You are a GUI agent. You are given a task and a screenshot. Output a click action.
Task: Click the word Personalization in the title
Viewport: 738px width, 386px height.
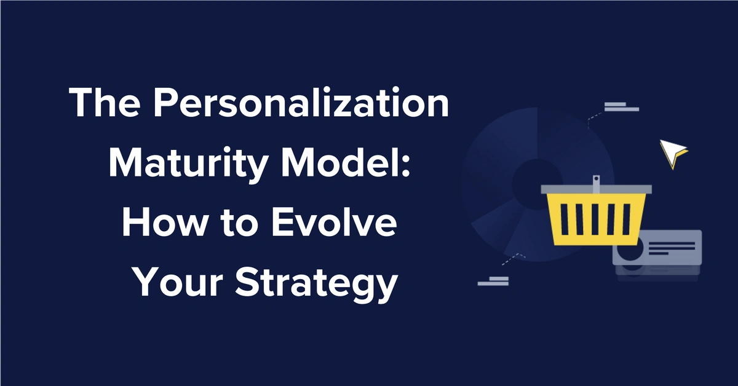(x=301, y=102)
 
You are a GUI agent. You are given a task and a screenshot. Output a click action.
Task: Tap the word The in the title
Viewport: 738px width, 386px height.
(x=105, y=102)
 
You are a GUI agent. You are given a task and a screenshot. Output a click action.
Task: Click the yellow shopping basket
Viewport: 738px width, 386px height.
(x=596, y=219)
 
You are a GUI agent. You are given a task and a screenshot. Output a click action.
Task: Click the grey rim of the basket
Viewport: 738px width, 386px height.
(x=597, y=189)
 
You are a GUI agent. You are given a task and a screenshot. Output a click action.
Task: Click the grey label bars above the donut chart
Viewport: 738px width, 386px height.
(x=622, y=107)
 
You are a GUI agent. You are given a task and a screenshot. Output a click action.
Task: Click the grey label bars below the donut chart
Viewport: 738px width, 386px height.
(x=493, y=281)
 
